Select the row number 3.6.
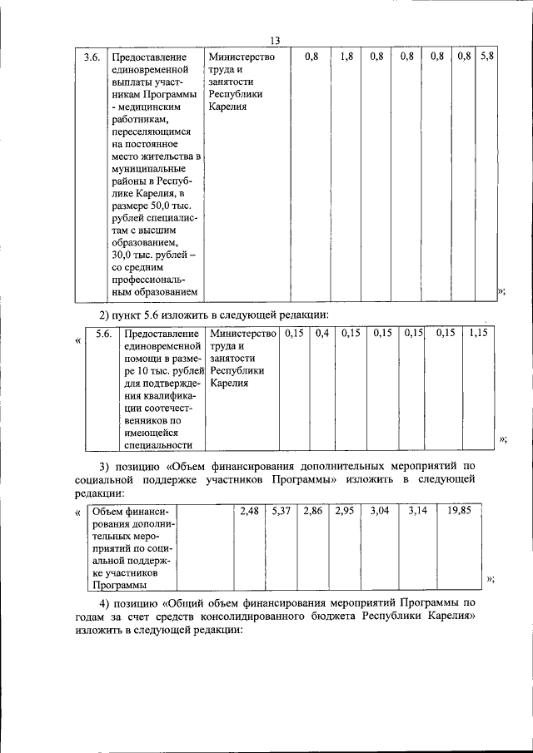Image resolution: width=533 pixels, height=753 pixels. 91,57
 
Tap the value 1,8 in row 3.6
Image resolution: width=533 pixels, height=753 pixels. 346,57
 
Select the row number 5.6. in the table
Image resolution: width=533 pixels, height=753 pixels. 104,334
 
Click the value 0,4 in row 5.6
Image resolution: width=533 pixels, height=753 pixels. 322,334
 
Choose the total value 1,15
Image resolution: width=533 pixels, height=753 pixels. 477,334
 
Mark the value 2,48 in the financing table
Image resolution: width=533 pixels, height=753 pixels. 249,511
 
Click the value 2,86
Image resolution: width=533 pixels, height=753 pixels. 312,511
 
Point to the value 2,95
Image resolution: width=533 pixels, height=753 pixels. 344,511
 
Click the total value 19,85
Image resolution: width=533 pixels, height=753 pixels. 459,511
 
